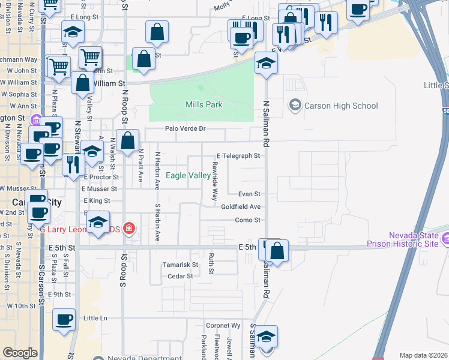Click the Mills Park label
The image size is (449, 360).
[204, 105]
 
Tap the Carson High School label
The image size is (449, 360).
[340, 106]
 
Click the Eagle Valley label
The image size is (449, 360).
[188, 176]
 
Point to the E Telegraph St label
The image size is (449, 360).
[238, 156]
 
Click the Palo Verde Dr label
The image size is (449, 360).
[185, 128]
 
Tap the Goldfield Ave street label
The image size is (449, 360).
[241, 206]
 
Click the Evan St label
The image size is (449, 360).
[249, 194]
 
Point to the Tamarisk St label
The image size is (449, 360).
[181, 265]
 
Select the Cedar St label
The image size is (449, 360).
[180, 277]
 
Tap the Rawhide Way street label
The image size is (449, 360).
[214, 181]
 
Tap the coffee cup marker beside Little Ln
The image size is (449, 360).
[63, 319]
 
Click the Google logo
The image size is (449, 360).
[20, 353]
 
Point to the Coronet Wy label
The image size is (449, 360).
[223, 326]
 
